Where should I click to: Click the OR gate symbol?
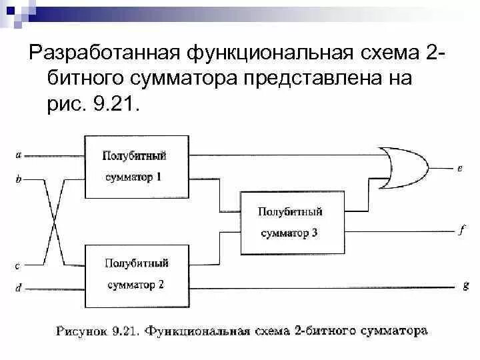[x=401, y=167]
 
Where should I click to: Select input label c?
[x=18, y=265]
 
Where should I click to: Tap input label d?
[x=18, y=288]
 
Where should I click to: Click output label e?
[x=460, y=169]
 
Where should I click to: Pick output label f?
[x=461, y=231]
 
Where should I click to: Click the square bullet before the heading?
[x=15, y=53]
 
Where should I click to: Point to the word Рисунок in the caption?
[x=83, y=330]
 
